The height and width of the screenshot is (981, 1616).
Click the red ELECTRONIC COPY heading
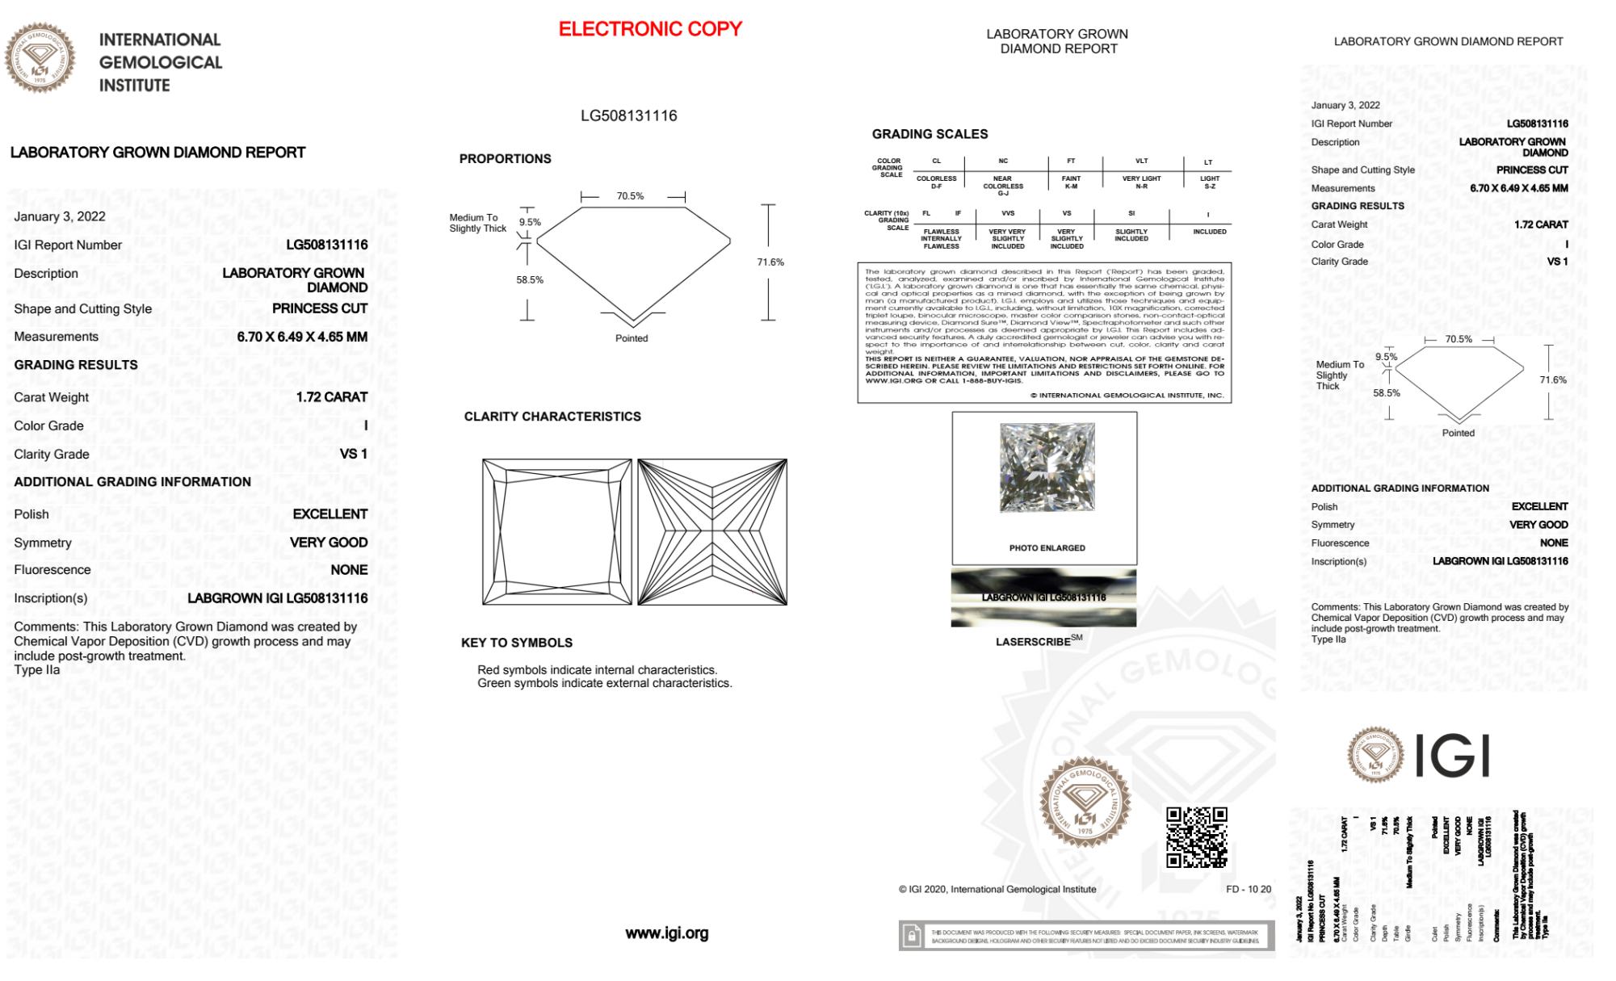click(650, 29)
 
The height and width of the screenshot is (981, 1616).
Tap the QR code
click(1197, 836)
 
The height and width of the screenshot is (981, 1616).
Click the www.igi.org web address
click(666, 933)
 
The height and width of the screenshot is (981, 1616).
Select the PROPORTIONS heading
click(505, 159)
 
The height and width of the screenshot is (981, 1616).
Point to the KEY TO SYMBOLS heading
click(516, 643)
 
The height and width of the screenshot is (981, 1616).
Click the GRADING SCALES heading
click(930, 134)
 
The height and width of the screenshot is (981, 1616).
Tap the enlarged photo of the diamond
click(1047, 467)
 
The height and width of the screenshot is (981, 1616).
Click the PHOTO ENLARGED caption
click(1047, 548)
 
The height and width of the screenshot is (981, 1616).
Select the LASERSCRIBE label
click(1034, 642)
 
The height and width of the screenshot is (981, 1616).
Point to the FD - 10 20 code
click(1248, 889)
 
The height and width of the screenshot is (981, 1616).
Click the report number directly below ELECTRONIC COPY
click(628, 115)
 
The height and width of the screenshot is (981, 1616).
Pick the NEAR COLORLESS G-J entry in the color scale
click(1002, 186)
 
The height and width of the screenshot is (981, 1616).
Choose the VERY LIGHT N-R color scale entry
click(1141, 182)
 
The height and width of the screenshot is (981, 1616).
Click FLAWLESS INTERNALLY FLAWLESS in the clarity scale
click(942, 239)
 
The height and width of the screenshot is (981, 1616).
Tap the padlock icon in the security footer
click(912, 937)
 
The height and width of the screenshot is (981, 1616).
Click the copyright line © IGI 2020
click(997, 889)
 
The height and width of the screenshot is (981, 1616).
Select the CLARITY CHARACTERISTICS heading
click(552, 417)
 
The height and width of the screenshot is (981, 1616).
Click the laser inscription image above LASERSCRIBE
click(1043, 598)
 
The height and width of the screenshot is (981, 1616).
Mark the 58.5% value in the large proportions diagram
click(530, 280)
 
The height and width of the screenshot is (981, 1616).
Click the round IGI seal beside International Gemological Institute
click(40, 57)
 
